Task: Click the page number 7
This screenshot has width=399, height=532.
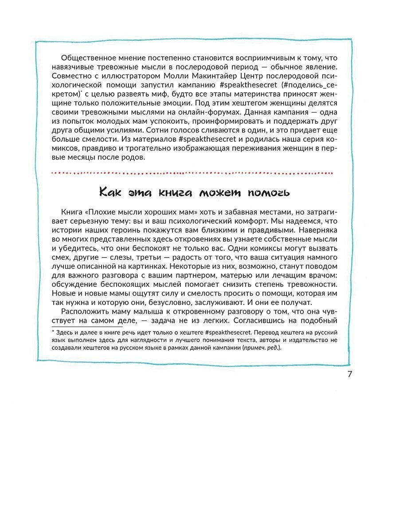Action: [x=349, y=374]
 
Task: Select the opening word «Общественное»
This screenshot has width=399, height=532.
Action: [x=90, y=58]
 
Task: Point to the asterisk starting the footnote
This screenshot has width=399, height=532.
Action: [x=52, y=332]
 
